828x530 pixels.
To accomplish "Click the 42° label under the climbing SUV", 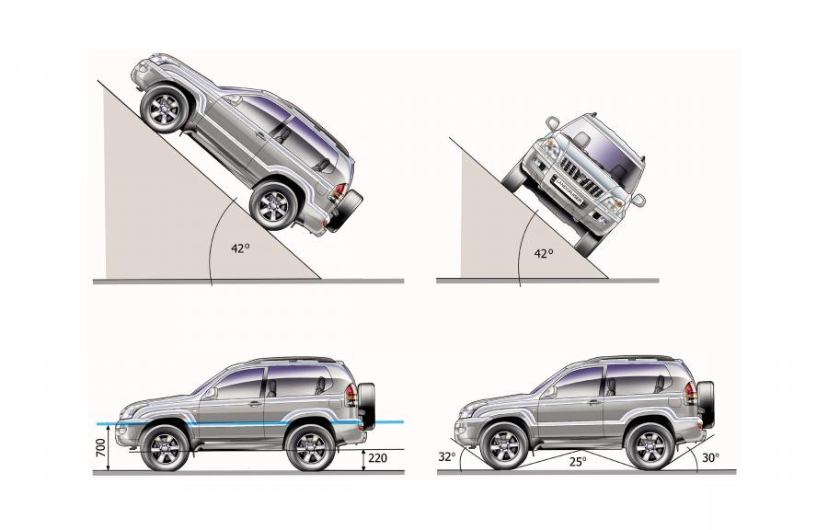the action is [x=240, y=248].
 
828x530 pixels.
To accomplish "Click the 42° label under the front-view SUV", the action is [x=544, y=253].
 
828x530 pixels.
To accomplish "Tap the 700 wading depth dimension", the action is [x=101, y=448].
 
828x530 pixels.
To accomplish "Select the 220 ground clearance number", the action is [x=377, y=458].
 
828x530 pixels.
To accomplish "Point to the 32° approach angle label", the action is [x=447, y=456].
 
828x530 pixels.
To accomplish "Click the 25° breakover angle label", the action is [x=578, y=462].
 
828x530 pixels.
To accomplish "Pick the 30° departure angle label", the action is [x=710, y=457].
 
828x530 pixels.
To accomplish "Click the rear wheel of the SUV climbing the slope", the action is [x=274, y=205].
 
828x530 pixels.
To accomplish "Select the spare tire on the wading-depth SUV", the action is [x=367, y=406].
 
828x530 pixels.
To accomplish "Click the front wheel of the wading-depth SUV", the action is [x=165, y=448].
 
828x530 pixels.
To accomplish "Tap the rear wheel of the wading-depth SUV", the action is [x=310, y=448].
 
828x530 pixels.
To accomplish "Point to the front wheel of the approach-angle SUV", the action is [x=504, y=446].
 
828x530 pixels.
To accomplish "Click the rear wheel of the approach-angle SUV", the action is [x=649, y=446].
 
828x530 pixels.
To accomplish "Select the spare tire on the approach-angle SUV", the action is [x=706, y=404].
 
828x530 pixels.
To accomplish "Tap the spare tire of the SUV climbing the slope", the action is [x=345, y=211].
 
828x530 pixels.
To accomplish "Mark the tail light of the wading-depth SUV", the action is [x=351, y=395].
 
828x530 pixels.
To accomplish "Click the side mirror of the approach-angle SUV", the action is [x=551, y=391].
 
